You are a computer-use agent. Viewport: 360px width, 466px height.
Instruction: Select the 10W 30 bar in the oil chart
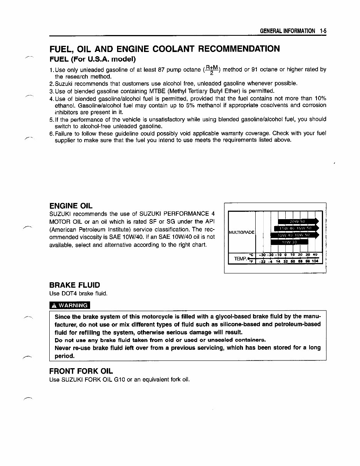[x=289, y=242]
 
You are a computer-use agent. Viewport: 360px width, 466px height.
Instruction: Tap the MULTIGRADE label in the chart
[x=241, y=232]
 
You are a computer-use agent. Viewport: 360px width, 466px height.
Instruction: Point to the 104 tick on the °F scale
[x=315, y=261]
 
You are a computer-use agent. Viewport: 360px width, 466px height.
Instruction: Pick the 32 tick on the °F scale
[x=285, y=261]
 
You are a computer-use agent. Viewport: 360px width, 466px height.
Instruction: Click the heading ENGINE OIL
[x=71, y=206]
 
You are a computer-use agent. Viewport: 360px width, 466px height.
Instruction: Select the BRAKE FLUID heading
[x=75, y=285]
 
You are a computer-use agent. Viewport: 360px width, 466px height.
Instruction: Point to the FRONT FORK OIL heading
[x=81, y=371]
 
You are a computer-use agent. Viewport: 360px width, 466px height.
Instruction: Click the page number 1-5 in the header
[x=323, y=31]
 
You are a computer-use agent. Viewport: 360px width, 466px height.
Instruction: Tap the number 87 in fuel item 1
[x=161, y=70]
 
